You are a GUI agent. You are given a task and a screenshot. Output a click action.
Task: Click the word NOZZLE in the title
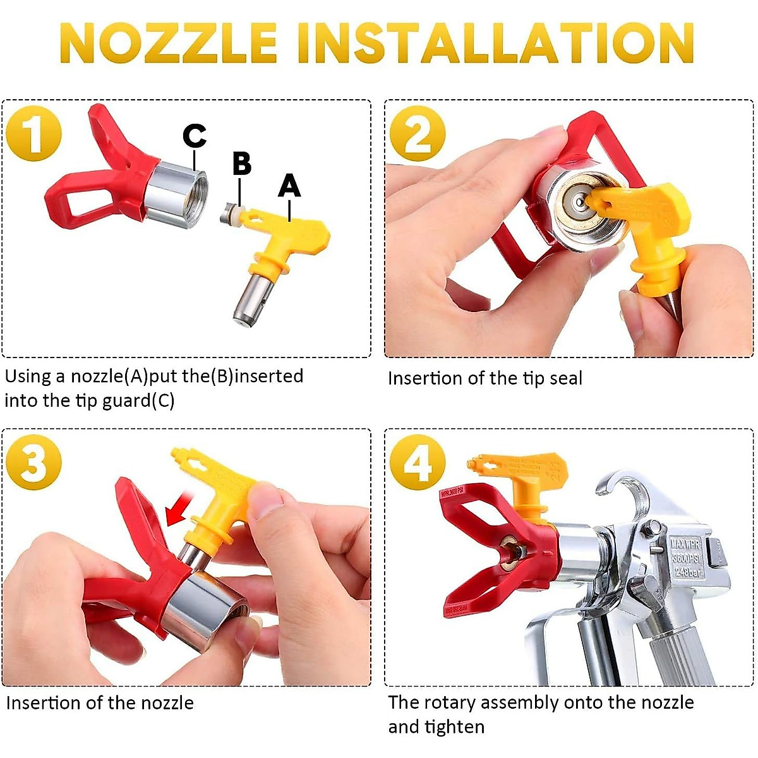coord(169,43)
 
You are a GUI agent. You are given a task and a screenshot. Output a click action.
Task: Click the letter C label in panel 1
coord(195,136)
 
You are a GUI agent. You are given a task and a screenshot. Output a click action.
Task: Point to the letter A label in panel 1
coord(289,186)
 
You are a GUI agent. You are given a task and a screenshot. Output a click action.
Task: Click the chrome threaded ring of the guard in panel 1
coord(174,193)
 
